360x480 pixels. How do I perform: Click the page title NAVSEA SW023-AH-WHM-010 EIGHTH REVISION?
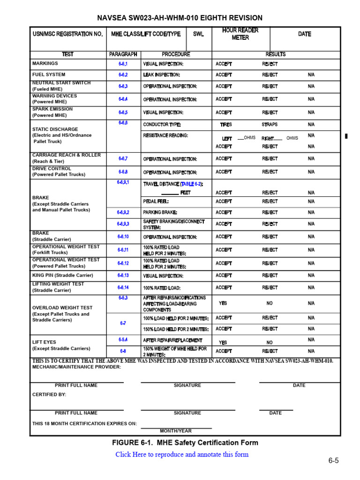(x=180, y=18)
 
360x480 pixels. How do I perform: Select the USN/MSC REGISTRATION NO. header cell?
(x=67, y=34)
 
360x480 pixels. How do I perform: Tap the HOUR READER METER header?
(x=240, y=34)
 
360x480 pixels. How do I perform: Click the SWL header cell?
(x=198, y=34)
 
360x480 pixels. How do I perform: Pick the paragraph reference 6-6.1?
(x=123, y=64)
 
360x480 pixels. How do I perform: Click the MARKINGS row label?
(x=45, y=63)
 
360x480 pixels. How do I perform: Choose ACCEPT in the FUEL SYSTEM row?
(x=224, y=75)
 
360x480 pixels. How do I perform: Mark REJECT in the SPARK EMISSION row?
(x=270, y=112)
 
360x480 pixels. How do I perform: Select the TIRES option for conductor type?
(x=226, y=125)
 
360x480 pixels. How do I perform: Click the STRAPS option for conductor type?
(x=270, y=125)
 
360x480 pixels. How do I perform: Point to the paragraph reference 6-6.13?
(x=123, y=276)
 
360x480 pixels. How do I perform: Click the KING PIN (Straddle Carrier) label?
(x=62, y=275)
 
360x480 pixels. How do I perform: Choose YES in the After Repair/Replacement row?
(x=223, y=342)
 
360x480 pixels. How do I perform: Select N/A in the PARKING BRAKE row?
(x=311, y=212)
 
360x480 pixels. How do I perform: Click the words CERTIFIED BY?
(x=49, y=395)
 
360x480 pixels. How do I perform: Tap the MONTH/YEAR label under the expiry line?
(x=176, y=431)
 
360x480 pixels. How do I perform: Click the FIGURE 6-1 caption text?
(x=185, y=442)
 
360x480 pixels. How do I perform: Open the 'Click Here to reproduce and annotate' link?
(x=182, y=454)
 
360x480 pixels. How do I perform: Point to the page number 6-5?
(x=333, y=460)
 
